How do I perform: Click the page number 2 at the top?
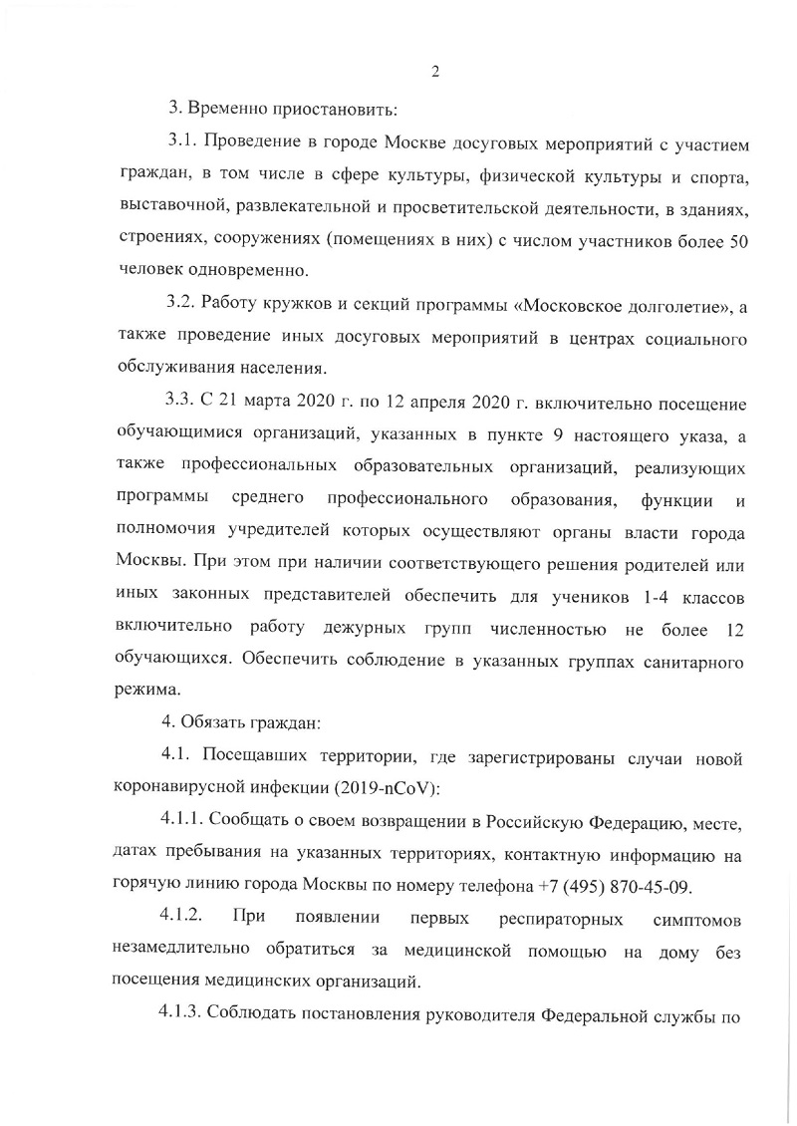click(436, 71)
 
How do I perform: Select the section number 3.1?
click(181, 147)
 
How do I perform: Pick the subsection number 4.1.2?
click(185, 915)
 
